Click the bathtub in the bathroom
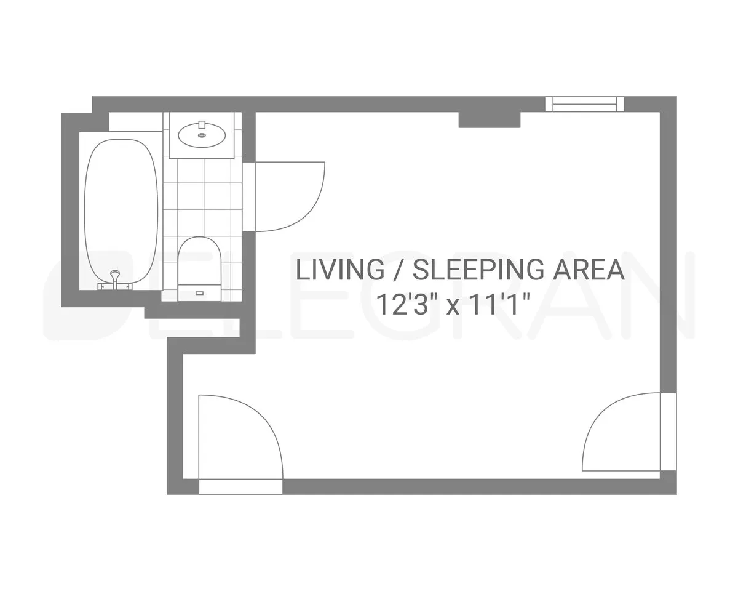click(x=121, y=209)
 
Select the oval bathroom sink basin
click(x=201, y=134)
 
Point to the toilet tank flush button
click(x=199, y=292)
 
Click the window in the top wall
click(x=584, y=104)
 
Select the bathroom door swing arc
click(x=289, y=197)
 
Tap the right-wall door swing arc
click(x=621, y=431)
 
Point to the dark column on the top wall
click(x=490, y=119)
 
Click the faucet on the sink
click(x=201, y=125)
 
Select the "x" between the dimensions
click(x=453, y=306)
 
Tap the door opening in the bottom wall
click(x=240, y=486)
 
